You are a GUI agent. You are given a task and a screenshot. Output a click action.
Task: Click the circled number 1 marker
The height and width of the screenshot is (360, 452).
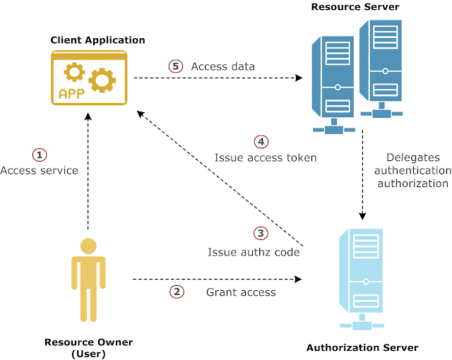tap(40, 154)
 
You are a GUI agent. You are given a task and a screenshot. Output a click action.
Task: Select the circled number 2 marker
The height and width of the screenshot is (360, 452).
tap(177, 291)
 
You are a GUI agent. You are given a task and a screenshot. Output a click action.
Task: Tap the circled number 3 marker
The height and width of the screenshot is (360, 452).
tap(261, 233)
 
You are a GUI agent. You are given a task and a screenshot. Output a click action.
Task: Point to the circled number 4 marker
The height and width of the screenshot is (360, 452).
tap(261, 141)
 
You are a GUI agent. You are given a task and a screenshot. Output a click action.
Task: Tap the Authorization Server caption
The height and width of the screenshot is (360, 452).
tap(362, 347)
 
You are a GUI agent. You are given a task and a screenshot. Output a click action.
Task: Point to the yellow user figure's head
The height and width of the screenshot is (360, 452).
tap(88, 246)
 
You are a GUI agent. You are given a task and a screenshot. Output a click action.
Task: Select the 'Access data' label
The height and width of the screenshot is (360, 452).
tap(223, 66)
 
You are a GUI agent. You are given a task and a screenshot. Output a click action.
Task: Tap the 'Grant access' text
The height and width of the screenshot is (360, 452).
tap(241, 292)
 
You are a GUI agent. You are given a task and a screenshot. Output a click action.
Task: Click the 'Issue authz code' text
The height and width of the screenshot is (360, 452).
tap(254, 252)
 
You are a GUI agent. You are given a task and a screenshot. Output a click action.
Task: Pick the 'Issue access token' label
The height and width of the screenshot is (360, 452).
tap(266, 158)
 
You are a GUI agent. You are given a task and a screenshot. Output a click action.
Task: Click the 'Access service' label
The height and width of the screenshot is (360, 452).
tap(39, 171)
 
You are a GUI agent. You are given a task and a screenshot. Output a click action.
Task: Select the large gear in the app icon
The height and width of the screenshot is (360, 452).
tap(103, 80)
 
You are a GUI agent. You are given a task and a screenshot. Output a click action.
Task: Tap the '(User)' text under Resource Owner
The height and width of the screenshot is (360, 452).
tap(88, 354)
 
